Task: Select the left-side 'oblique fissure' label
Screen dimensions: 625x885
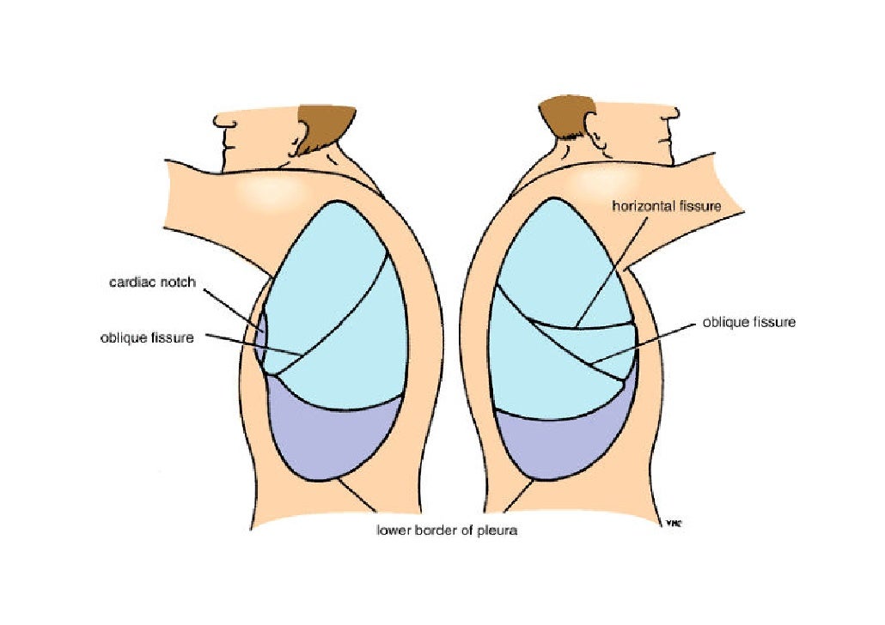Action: tap(147, 337)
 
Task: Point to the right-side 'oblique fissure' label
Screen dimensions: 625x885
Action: tap(749, 323)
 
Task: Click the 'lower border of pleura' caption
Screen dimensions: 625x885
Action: tap(448, 530)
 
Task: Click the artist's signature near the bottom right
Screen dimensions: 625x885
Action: tap(674, 522)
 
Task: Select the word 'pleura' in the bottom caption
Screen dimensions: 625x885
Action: tap(499, 530)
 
